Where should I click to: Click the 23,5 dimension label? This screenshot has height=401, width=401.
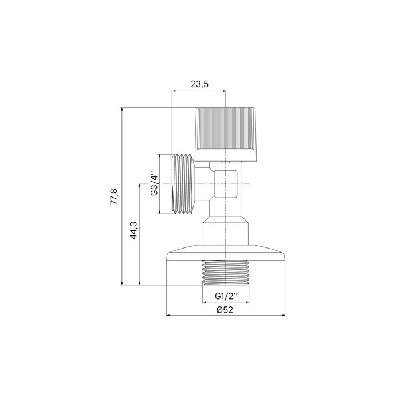pyautogui.click(x=199, y=84)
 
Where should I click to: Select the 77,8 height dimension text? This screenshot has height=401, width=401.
pyautogui.click(x=113, y=196)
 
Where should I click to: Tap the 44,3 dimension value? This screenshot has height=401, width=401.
pyautogui.click(x=133, y=230)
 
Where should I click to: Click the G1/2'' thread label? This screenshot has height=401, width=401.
pyautogui.click(x=226, y=296)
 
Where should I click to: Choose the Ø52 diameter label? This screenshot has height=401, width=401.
pyautogui.click(x=225, y=310)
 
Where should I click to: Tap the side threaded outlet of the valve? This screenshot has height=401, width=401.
pyautogui.click(x=184, y=184)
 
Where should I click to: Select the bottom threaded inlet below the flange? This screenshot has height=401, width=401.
pyautogui.click(x=226, y=272)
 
